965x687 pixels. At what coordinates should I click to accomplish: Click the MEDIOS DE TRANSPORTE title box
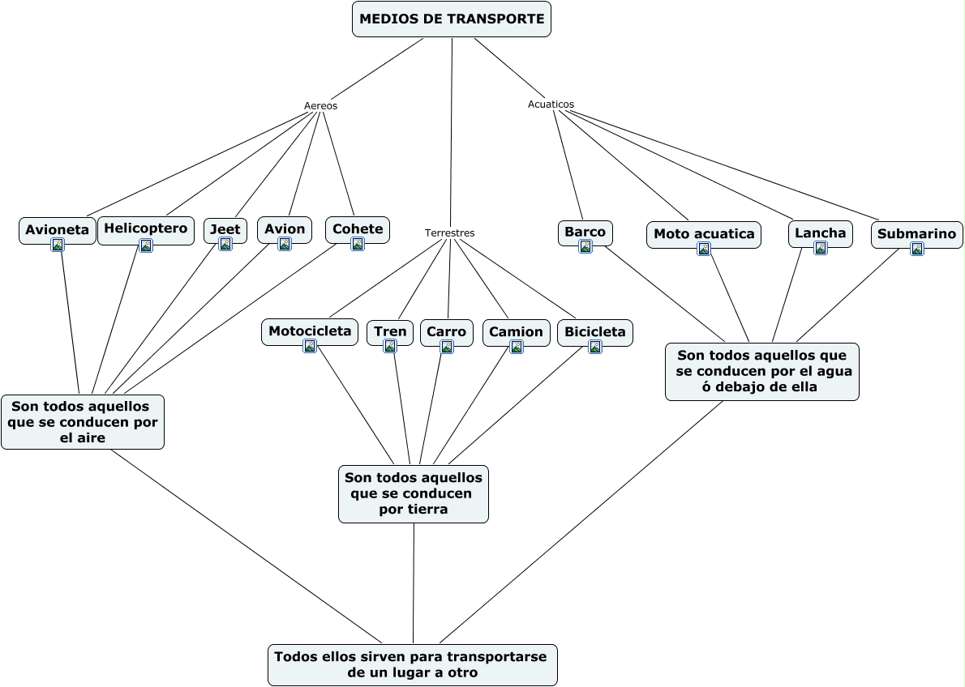452,19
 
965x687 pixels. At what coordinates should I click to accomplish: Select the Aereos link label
320,106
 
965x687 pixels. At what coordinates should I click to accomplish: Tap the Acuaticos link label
551,105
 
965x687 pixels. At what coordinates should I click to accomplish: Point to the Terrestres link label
449,233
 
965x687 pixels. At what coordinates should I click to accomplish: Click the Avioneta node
57,230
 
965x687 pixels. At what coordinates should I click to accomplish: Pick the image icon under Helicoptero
146,245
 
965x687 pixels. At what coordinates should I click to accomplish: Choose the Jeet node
225,229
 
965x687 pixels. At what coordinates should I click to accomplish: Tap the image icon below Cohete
358,244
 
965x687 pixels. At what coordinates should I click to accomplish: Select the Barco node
585,233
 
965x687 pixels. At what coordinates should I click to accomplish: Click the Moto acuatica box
703,234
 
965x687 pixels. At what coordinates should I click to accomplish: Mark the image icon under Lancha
821,248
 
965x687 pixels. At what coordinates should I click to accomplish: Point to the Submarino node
916,234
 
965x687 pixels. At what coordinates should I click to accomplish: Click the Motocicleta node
309,331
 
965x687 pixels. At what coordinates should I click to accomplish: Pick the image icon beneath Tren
390,347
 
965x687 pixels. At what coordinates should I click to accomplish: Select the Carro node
446,331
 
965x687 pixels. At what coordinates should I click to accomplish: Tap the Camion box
516,332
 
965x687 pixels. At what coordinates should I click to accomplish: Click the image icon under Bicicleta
595,347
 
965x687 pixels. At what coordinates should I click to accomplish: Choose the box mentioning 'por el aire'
83,421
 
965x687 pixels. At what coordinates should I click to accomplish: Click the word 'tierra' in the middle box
413,509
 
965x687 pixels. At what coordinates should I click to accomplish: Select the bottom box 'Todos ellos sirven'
412,664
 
